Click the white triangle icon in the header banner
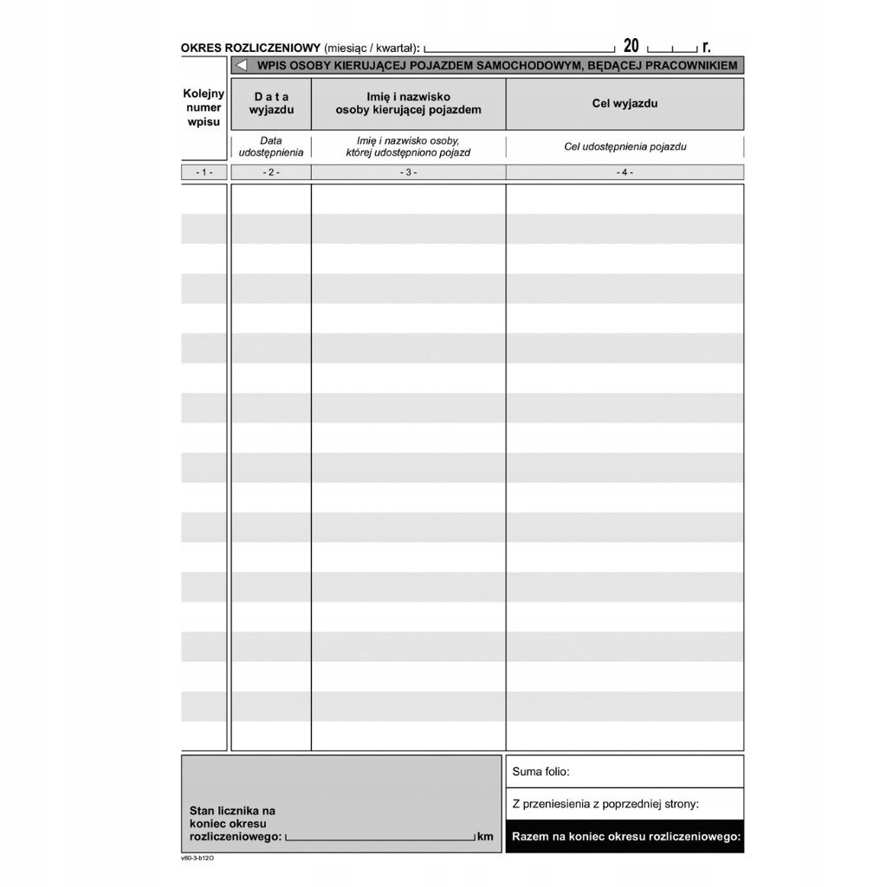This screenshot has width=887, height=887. (x=242, y=65)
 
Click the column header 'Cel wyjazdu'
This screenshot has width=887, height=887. (x=625, y=103)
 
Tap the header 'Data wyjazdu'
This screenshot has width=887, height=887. (x=271, y=103)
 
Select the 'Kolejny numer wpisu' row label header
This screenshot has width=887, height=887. (x=204, y=107)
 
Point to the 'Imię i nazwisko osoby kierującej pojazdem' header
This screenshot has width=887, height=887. (x=408, y=103)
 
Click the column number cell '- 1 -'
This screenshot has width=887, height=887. (x=204, y=172)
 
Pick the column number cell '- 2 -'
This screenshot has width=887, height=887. (x=271, y=172)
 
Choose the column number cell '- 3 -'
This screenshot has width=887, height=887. (x=408, y=172)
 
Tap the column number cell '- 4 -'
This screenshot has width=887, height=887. (x=625, y=172)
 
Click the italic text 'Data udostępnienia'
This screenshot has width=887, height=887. (x=271, y=146)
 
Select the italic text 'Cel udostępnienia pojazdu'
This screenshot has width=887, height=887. (x=625, y=146)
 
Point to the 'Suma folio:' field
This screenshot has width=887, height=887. (x=625, y=771)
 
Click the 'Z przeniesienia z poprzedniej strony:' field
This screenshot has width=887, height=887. (x=625, y=804)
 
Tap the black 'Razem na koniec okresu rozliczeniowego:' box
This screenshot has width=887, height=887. (x=625, y=837)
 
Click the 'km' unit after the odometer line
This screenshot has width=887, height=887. (x=484, y=837)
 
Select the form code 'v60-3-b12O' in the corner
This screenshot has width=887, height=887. (x=197, y=858)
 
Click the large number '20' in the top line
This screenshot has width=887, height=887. (x=631, y=47)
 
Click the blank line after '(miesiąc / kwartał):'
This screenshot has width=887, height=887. (x=520, y=49)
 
